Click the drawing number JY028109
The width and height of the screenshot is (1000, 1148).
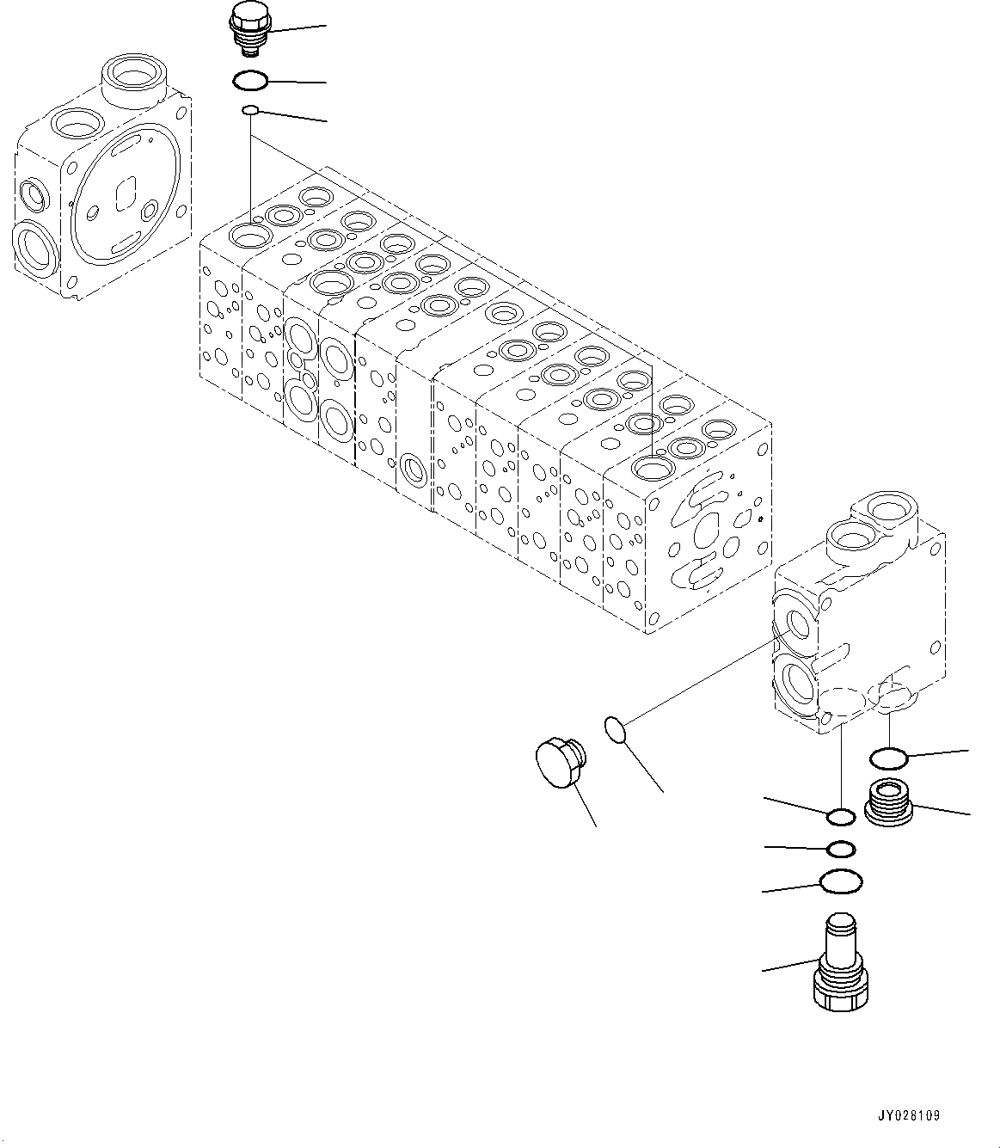(x=910, y=1115)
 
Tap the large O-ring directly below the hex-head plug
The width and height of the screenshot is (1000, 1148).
(x=250, y=81)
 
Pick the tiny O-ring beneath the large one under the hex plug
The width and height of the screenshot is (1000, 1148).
(x=250, y=110)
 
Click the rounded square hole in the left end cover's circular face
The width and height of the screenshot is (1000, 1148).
(x=127, y=190)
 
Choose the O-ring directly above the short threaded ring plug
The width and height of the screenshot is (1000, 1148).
(x=888, y=758)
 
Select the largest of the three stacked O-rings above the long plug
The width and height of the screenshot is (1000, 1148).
(x=841, y=881)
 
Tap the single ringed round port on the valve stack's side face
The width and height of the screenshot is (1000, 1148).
(x=414, y=471)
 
